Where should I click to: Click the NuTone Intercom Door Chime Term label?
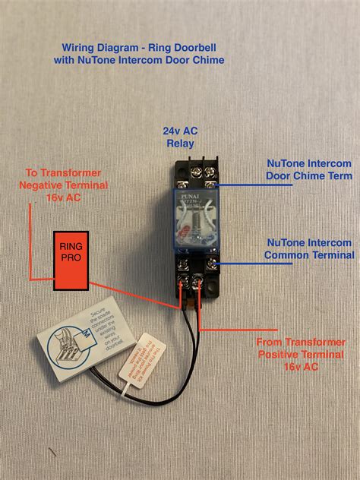tap(308, 169)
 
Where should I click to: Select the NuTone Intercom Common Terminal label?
tap(308, 248)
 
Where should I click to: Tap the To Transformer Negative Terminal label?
tap(64, 185)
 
